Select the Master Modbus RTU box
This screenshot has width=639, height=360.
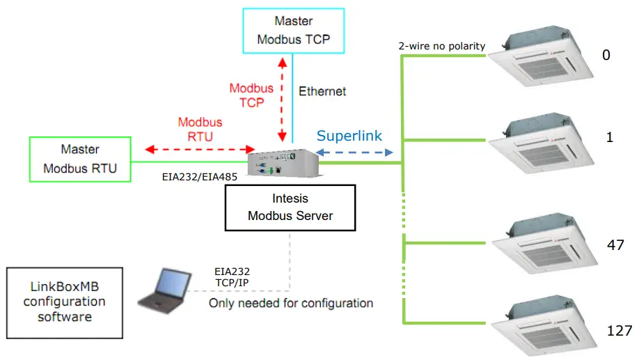pos(79,159)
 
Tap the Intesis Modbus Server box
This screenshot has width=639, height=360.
pos(290,207)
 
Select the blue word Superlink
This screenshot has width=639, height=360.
pos(349,136)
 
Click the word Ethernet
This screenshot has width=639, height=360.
pos(322,91)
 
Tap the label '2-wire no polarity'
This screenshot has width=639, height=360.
pos(441,47)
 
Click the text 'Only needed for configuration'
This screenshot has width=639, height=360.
pos(291,303)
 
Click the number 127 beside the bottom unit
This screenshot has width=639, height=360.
pos(618,329)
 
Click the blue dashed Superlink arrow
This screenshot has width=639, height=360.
pos(355,152)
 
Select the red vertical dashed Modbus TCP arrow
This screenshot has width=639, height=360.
pos(282,97)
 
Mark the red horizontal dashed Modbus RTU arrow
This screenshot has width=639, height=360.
pos(200,149)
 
